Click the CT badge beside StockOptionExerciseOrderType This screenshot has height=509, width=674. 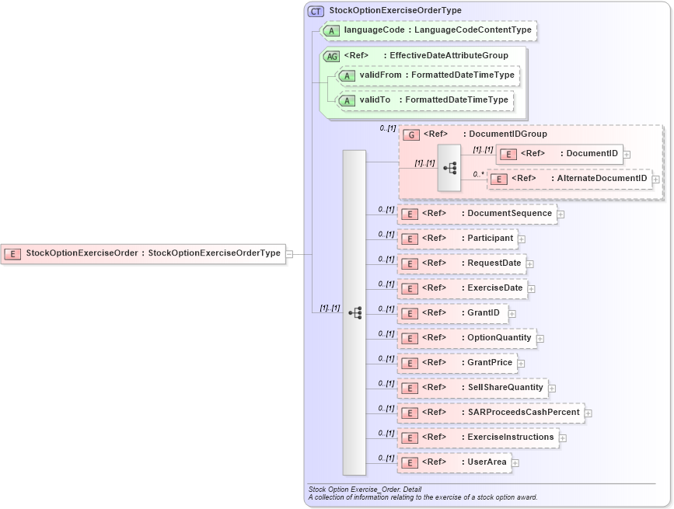pyautogui.click(x=316, y=11)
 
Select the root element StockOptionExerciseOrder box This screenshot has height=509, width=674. pyautogui.click(x=143, y=253)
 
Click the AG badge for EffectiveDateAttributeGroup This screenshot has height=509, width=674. pyautogui.click(x=331, y=56)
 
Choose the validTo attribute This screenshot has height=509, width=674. pyautogui.click(x=375, y=100)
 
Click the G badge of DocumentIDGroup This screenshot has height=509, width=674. pyautogui.click(x=411, y=134)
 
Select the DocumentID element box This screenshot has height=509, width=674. pyautogui.click(x=560, y=154)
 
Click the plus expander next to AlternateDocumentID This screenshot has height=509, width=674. pyautogui.click(x=656, y=180)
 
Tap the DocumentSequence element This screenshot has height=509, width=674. pyautogui.click(x=477, y=214)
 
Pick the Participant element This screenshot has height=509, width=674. pyautogui.click(x=458, y=238)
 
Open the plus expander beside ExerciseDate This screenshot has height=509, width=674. pyautogui.click(x=532, y=289)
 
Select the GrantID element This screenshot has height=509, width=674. pyautogui.click(x=452, y=313)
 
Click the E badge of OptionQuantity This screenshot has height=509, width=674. pyautogui.click(x=409, y=339)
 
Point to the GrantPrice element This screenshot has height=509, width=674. pyautogui.click(x=457, y=363)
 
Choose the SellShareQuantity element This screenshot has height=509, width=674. pyautogui.click(x=473, y=388)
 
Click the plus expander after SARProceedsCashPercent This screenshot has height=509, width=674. pyautogui.click(x=588, y=413)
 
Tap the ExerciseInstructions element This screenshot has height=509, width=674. pyautogui.click(x=478, y=438)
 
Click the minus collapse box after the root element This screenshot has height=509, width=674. pyautogui.click(x=289, y=253)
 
